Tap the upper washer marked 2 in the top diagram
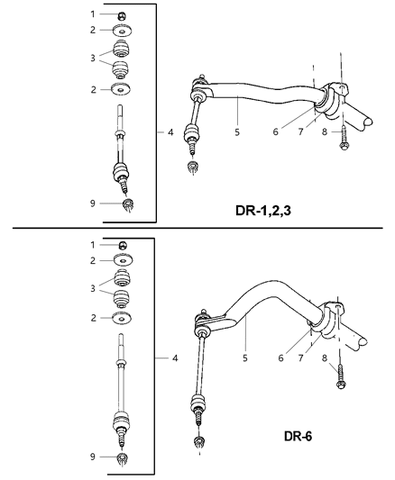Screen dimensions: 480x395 click(120, 32)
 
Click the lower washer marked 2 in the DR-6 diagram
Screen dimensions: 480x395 click(120, 318)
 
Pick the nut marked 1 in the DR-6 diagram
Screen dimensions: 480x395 click(120, 244)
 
